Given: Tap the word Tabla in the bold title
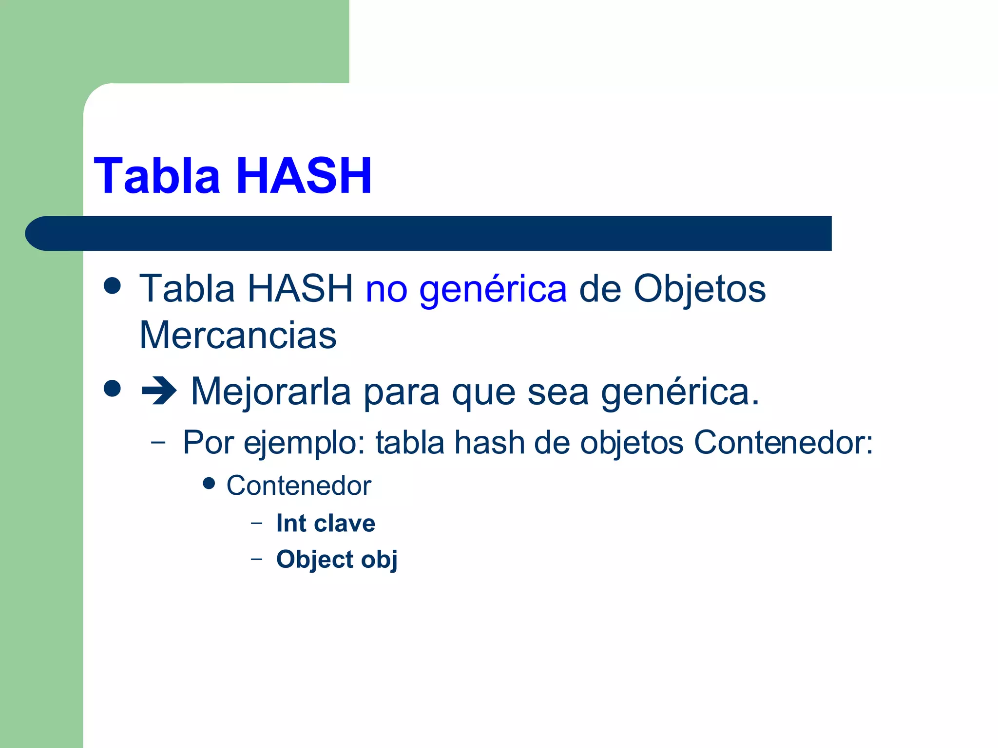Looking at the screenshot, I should (157, 176).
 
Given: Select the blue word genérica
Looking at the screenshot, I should (493, 289).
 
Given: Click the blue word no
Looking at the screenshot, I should (386, 289).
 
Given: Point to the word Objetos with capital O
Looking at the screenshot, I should (699, 289).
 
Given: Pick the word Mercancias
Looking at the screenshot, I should (238, 336).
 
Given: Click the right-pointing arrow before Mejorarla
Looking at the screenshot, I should (158, 392).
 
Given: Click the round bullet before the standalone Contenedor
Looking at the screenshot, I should (209, 484).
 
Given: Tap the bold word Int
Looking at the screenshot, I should (291, 524).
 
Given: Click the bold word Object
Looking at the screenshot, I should (315, 559).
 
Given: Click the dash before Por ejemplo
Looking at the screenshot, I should (158, 442).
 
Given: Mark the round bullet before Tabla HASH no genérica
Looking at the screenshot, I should (113, 286).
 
